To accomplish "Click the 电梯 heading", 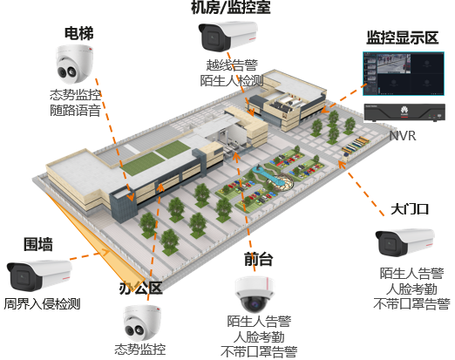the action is point(79,33).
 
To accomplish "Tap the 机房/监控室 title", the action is point(231,7).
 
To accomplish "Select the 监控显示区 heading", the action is point(403,37).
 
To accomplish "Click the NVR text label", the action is point(403,136).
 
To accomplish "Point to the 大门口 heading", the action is point(410,209).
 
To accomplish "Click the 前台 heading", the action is point(258,259).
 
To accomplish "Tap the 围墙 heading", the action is point(38,244).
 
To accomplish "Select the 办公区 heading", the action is point(140,288).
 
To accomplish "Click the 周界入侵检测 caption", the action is point(42,304).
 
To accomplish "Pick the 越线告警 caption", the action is point(232,65).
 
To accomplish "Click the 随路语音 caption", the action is point(75,111).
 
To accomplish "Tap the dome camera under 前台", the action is point(255,295).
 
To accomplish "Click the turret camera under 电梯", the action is point(75,65).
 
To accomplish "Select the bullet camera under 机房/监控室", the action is point(228,37).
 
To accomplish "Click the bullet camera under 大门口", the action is point(405,242).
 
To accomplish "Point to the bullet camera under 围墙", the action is point(39,275).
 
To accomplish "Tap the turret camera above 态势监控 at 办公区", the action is point(142,323).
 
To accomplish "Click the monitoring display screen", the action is point(404,73).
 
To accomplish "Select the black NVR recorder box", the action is point(404,112).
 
